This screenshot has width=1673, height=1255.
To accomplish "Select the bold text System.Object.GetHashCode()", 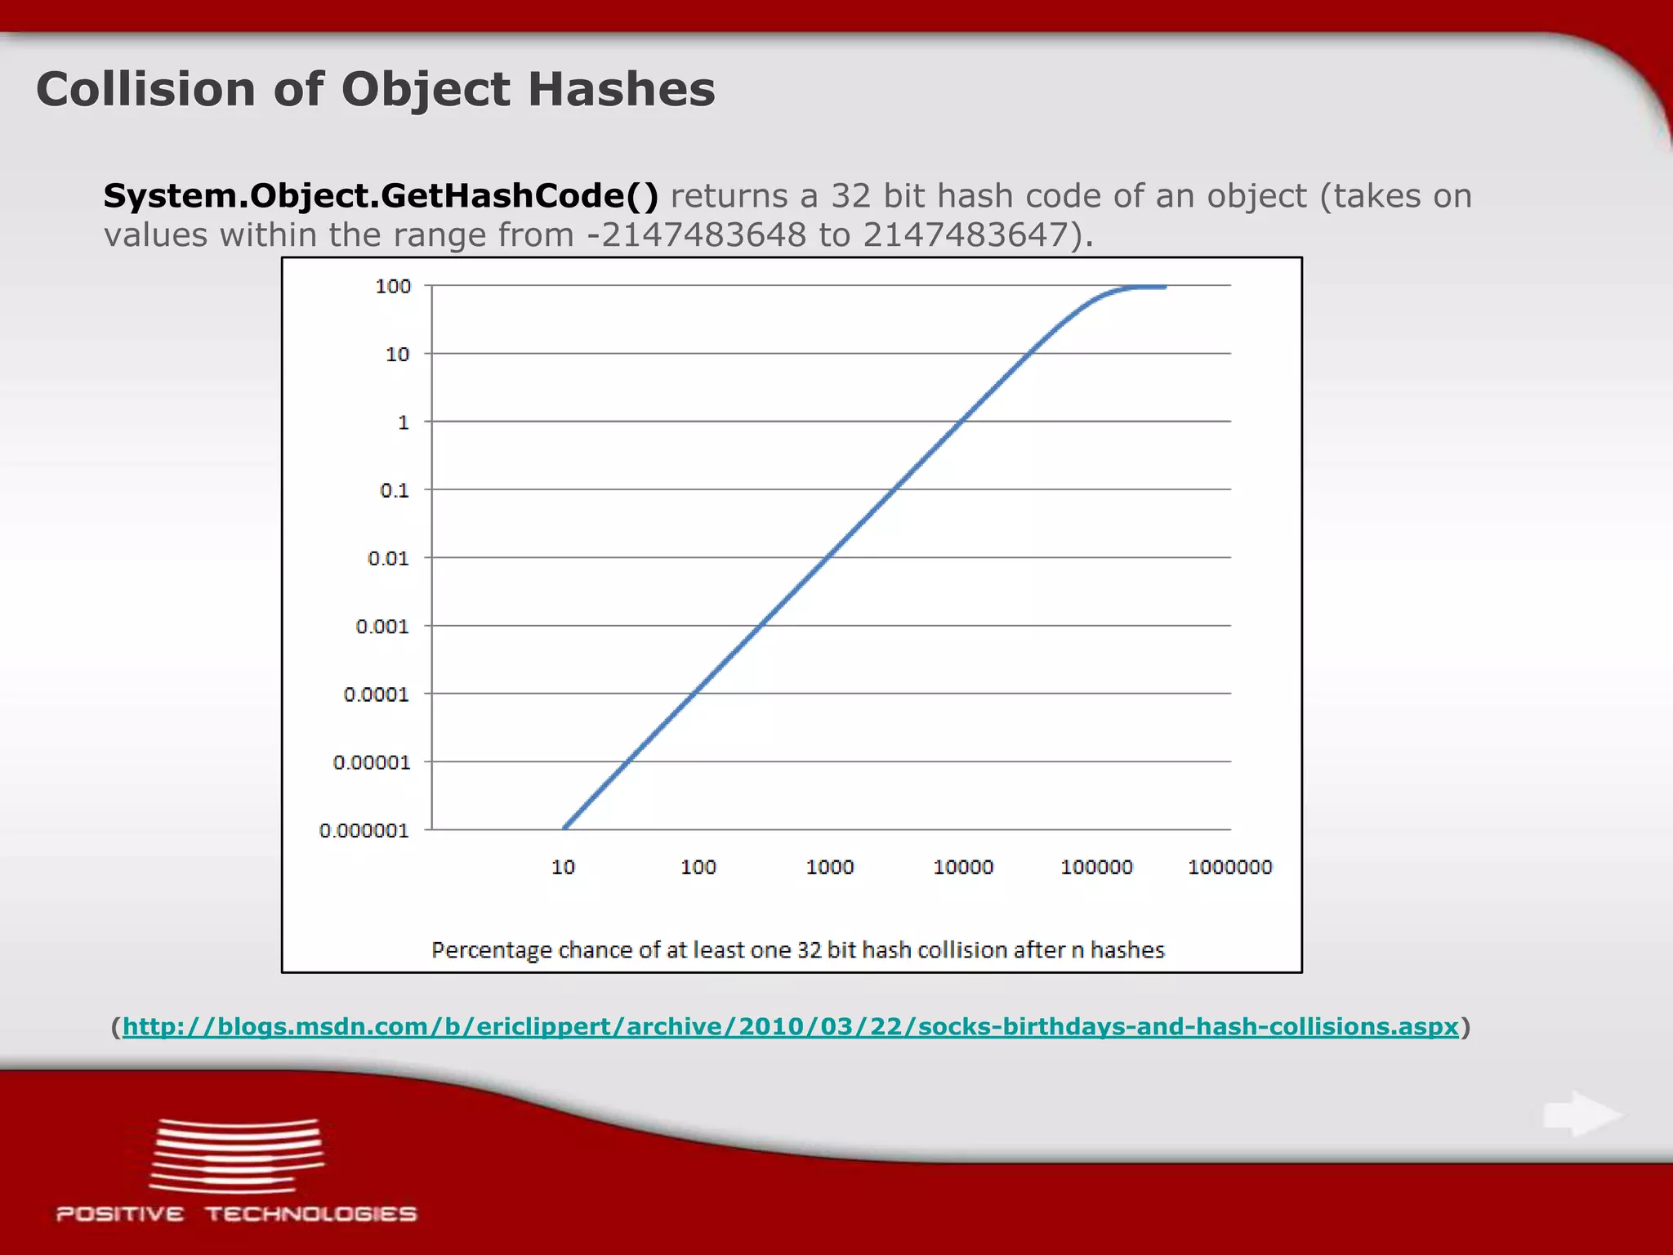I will [x=381, y=196].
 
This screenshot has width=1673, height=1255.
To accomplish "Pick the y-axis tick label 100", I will [x=393, y=287].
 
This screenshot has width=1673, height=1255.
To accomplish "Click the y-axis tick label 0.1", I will [x=395, y=490].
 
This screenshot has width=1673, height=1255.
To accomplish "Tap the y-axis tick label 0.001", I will [x=382, y=627].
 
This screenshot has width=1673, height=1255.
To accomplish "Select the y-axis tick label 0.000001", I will [x=364, y=831].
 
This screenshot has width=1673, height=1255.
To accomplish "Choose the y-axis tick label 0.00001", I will [x=372, y=762].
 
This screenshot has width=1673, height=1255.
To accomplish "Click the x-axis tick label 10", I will [x=563, y=868].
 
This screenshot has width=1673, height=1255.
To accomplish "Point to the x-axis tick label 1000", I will [x=830, y=868].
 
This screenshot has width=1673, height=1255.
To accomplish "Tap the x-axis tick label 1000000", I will [x=1229, y=868].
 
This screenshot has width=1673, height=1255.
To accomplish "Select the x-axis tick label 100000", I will [x=1096, y=868].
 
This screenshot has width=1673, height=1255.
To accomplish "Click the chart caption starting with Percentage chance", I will [x=797, y=950].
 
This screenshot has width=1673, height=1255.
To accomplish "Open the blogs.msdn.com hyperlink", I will [x=790, y=1027].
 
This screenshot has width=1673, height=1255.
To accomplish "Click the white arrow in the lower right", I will [x=1582, y=1114].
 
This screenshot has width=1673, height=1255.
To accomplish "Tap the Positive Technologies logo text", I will [x=237, y=1214].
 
